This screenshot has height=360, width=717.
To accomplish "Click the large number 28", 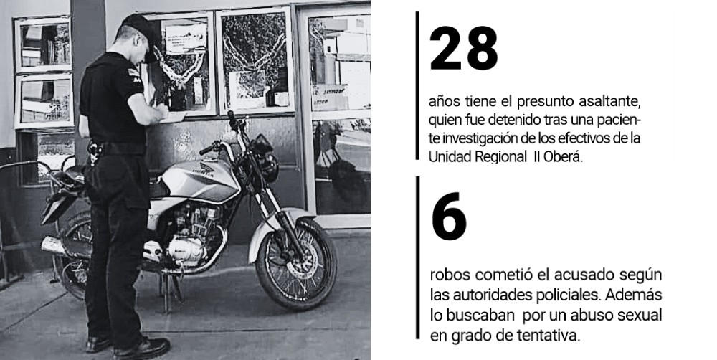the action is [463, 48].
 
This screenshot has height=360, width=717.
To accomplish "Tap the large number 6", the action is [449, 217].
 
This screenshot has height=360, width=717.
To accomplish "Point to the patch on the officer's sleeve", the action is [134, 75].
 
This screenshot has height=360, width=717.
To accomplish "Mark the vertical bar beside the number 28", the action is [417, 85].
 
